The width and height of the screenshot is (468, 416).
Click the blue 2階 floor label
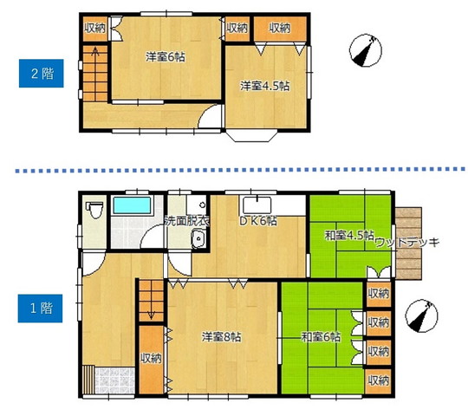point(42,74)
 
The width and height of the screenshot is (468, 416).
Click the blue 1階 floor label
point(40,309)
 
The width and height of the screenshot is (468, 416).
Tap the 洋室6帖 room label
point(166,57)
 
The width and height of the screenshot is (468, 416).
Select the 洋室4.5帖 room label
point(265,86)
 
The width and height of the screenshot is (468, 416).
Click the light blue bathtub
point(132,205)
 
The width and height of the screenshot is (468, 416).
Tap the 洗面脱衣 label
point(187,221)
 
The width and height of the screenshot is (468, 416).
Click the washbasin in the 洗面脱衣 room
point(198,238)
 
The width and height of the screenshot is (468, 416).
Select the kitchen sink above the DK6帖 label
point(257,205)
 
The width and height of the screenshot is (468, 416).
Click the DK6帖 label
point(258,221)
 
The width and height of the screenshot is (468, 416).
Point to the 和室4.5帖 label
point(349,236)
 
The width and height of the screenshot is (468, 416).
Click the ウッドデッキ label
point(407,243)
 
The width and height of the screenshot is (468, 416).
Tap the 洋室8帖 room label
point(222,337)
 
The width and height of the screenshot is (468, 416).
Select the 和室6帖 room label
point(321,337)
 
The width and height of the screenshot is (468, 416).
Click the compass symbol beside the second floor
point(366,50)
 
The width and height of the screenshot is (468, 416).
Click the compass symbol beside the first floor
point(421,316)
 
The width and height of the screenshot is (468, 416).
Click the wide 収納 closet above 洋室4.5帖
point(280,29)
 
